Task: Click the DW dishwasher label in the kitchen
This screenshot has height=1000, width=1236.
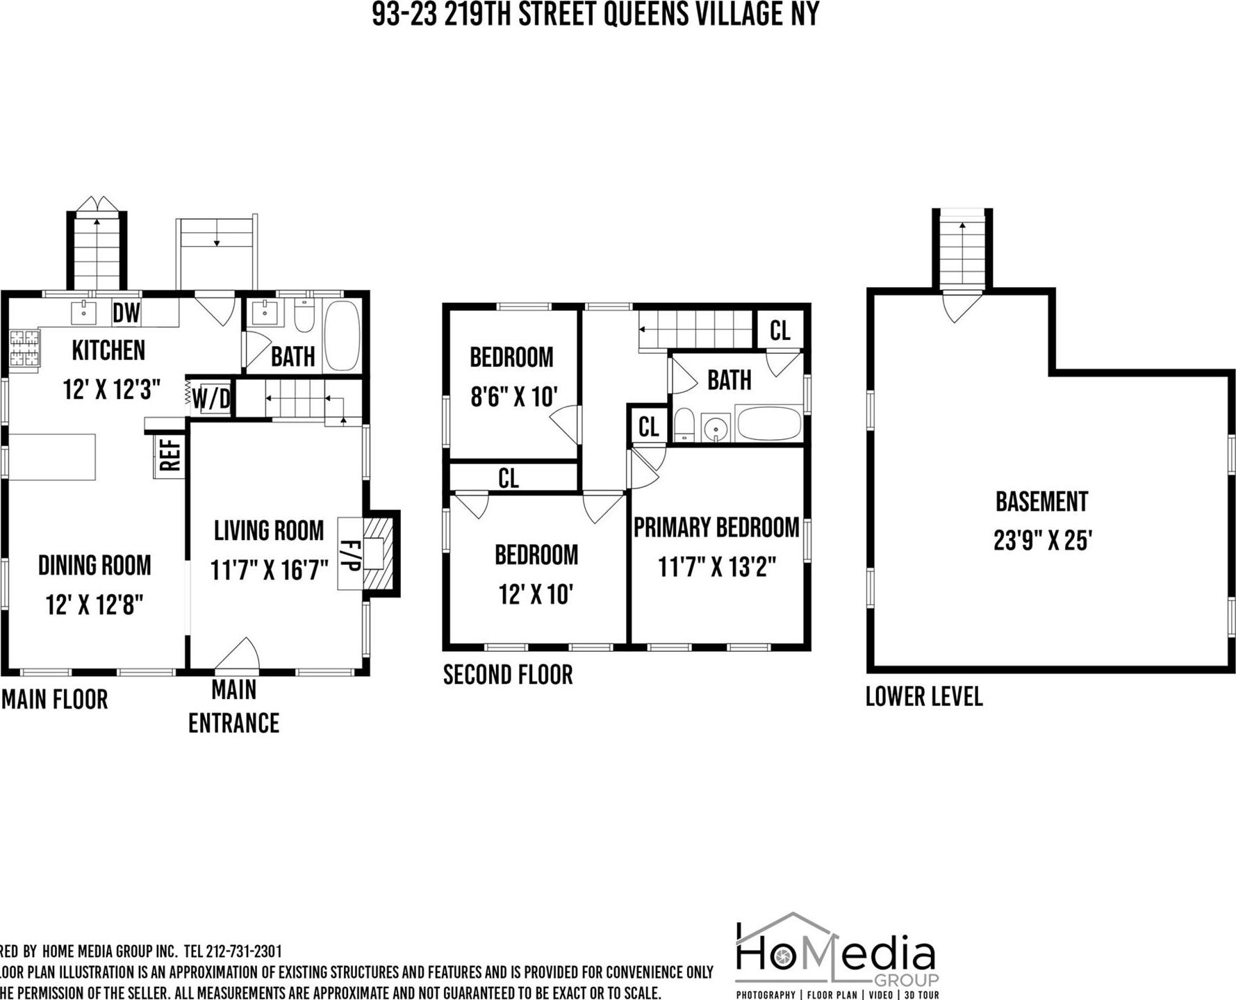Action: click(x=126, y=313)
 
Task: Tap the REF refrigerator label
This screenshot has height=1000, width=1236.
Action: click(x=170, y=455)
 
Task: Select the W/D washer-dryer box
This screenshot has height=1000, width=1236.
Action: click(x=211, y=399)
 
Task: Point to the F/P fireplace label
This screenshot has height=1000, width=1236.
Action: click(x=349, y=554)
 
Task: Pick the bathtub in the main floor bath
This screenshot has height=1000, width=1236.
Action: click(x=342, y=335)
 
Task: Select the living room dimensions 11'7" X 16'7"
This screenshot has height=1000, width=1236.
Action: click(x=270, y=571)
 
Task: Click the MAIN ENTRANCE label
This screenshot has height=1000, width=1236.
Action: click(x=234, y=707)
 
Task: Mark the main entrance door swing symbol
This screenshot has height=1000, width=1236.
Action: click(x=238, y=655)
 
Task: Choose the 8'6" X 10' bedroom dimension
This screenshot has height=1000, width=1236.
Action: click(x=514, y=397)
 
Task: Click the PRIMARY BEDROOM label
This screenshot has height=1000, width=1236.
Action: click(x=716, y=527)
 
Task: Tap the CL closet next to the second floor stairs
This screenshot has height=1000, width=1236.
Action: click(x=780, y=330)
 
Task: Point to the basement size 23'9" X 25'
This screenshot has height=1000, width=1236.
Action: click(x=1043, y=540)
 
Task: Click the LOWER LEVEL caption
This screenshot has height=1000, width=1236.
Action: click(x=924, y=696)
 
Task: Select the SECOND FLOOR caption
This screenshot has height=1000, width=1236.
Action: click(x=508, y=675)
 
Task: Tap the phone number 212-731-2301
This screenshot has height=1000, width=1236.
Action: click(x=244, y=951)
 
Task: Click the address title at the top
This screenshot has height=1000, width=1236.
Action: click(x=595, y=14)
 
